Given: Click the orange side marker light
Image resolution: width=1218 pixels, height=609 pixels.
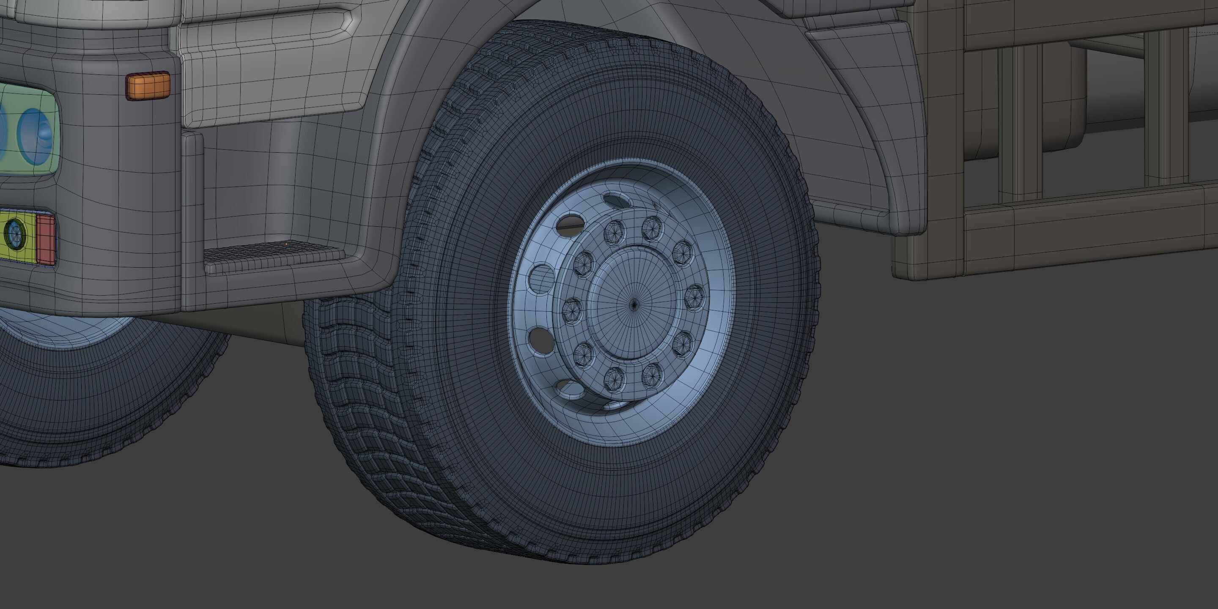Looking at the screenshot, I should (x=148, y=85).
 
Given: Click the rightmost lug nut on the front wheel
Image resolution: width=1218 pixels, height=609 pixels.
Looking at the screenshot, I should (x=694, y=297).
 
